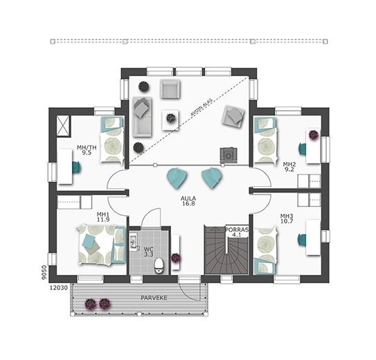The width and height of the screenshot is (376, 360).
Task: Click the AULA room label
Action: pyautogui.click(x=188, y=199)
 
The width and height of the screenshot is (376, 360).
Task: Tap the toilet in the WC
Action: pyautogui.click(x=159, y=265)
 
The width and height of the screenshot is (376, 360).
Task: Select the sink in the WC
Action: pyautogui.click(x=134, y=242)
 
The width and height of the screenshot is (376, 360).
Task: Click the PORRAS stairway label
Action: pyautogui.click(x=237, y=229)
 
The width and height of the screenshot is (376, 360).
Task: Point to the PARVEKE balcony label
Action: pyautogui.click(x=154, y=298)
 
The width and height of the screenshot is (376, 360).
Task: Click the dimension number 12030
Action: pyautogui.click(x=58, y=288)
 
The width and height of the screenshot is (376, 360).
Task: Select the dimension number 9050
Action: pyautogui.click(x=44, y=273)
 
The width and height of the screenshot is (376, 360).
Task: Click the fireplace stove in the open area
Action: pyautogui.click(x=229, y=156)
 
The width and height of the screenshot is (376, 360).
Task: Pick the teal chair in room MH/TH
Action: pyautogui.click(x=76, y=167)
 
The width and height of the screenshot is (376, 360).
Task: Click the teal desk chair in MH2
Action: pyautogui.click(x=303, y=149)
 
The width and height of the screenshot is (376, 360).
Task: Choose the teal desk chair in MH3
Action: pyautogui.click(x=302, y=240)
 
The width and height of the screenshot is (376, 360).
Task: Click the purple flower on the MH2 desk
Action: pyautogui.click(x=314, y=135)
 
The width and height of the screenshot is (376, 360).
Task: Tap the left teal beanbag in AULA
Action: pyautogui.click(x=177, y=179)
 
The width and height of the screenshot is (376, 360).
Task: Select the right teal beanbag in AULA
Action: pyautogui.click(x=211, y=179)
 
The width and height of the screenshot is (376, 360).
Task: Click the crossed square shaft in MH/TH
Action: pyautogui.click(x=64, y=126)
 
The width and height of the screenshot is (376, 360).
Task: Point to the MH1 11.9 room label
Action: pyautogui.click(x=103, y=217)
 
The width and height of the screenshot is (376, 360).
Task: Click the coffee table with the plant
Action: pyautogui.click(x=170, y=120)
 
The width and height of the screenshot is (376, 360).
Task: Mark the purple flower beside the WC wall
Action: pyautogui.click(x=175, y=258)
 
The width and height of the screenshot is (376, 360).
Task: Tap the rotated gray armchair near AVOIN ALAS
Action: pyautogui.click(x=233, y=117)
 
